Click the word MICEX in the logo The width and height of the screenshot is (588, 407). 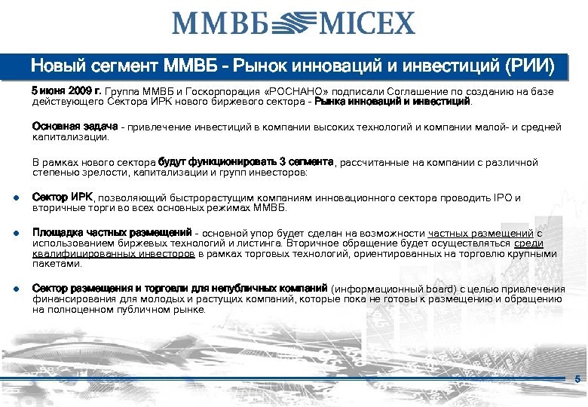tap(368, 23)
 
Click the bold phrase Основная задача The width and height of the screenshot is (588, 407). tap(75, 127)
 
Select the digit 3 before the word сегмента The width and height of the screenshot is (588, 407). tap(281, 162)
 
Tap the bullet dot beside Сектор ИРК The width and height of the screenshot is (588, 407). tap(16, 198)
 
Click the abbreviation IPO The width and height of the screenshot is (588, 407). tap(498, 197)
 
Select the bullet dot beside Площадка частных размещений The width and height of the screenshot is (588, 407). tap(16, 234)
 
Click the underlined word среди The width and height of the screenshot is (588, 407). tap(528, 243)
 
